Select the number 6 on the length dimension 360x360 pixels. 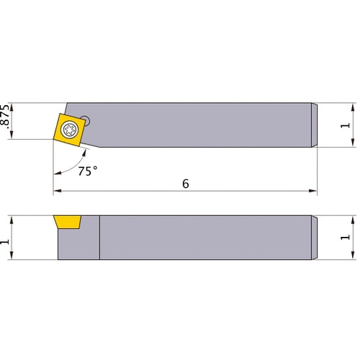(185, 184)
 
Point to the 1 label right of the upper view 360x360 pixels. (346, 125)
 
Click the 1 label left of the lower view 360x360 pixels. (7, 238)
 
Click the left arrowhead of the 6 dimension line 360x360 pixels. (57, 192)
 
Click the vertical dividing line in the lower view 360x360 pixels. (99, 238)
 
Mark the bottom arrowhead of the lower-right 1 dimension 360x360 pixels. (352, 256)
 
